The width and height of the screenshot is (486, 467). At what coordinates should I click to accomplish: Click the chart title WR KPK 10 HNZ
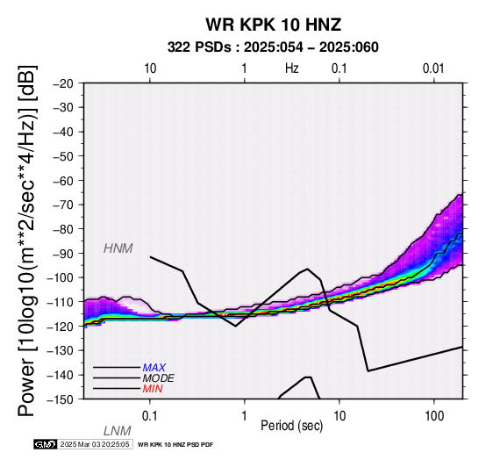(x=274, y=25)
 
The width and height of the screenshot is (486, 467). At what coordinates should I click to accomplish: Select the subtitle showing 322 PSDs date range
(x=273, y=47)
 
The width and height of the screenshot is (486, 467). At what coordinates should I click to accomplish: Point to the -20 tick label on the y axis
(x=63, y=83)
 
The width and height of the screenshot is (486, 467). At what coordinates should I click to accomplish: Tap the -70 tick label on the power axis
(x=63, y=205)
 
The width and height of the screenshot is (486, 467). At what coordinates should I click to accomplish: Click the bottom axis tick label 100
(x=434, y=416)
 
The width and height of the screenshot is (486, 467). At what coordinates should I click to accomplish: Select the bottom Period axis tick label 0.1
(x=150, y=416)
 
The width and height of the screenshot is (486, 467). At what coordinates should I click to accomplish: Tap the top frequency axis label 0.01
(x=433, y=68)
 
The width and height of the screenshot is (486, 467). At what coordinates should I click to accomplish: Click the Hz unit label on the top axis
(x=292, y=68)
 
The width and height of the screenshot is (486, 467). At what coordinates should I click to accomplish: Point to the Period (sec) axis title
(x=291, y=426)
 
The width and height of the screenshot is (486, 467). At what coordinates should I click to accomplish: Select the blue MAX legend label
(x=154, y=368)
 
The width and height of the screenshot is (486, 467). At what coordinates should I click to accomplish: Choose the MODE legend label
(x=159, y=378)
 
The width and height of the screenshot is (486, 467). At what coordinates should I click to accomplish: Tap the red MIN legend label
(x=153, y=389)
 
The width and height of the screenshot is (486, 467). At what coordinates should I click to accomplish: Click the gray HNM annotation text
(x=118, y=248)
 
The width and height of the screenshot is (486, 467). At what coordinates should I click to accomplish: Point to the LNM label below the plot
(x=118, y=431)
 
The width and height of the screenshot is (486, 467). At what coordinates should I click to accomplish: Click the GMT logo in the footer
(x=46, y=444)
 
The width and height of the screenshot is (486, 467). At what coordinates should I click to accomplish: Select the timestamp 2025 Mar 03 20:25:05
(x=95, y=444)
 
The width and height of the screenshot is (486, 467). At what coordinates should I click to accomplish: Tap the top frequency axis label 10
(x=150, y=68)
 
